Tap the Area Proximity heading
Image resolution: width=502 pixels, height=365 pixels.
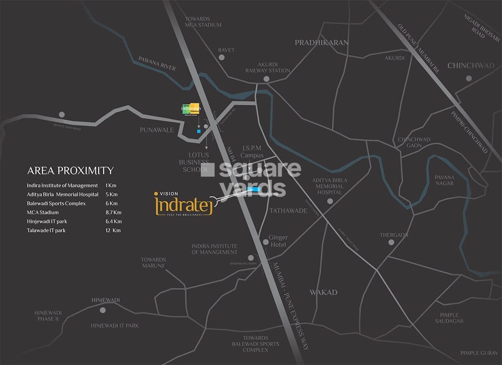70,171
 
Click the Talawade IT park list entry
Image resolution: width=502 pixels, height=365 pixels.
46,230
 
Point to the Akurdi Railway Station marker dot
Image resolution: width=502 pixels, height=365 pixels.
266,79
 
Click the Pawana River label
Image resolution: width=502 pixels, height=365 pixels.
157,63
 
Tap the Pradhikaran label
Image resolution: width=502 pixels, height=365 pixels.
321,43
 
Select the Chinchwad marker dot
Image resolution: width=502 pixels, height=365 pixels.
469,78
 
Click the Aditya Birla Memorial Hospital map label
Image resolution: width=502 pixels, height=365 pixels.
330,186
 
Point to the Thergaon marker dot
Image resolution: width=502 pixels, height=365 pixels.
391,242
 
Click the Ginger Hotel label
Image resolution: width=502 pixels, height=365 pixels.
278,241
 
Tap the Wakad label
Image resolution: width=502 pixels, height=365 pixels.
323,292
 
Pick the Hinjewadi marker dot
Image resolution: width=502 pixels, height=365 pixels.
103,310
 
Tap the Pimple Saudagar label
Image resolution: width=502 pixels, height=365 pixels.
449,318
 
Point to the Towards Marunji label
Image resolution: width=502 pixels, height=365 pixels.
153,263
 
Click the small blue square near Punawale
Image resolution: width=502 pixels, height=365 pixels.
199,131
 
